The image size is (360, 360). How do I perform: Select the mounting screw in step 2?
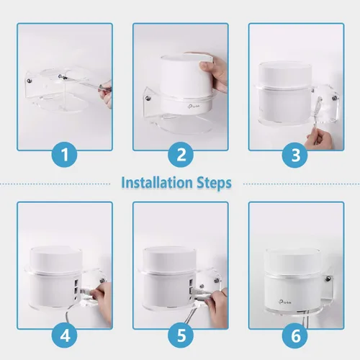tap(148, 92)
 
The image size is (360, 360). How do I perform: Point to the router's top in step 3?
tap(288, 70)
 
